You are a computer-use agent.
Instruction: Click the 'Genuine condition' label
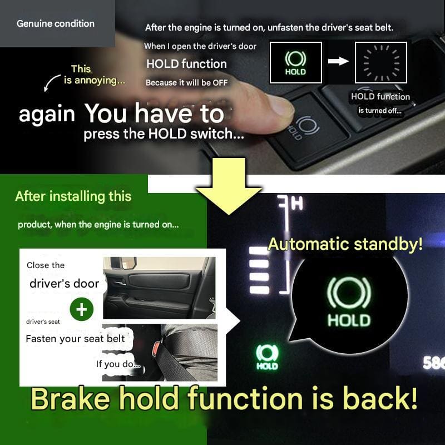coord(56,23)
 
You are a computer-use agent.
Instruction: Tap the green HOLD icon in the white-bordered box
coord(295,63)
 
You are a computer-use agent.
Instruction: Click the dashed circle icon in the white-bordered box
coord(381,63)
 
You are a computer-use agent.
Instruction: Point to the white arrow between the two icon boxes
coord(338,61)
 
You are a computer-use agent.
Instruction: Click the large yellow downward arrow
coord(229,186)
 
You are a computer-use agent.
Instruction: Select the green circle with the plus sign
coord(82,309)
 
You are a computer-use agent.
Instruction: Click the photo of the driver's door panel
coord(159,288)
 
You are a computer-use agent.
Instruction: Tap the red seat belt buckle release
coord(157,350)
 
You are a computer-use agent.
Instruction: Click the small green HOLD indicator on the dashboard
coord(267,357)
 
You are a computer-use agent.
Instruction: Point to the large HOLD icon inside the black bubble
coord(349,301)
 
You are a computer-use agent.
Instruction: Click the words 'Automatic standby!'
coord(345,244)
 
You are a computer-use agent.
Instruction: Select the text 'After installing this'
coord(73,196)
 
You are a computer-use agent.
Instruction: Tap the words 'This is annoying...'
coord(94,75)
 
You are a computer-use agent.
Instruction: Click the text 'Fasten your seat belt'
coord(75,339)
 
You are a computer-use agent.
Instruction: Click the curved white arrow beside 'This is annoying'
coord(51,83)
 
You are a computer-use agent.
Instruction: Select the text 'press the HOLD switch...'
coord(164,134)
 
